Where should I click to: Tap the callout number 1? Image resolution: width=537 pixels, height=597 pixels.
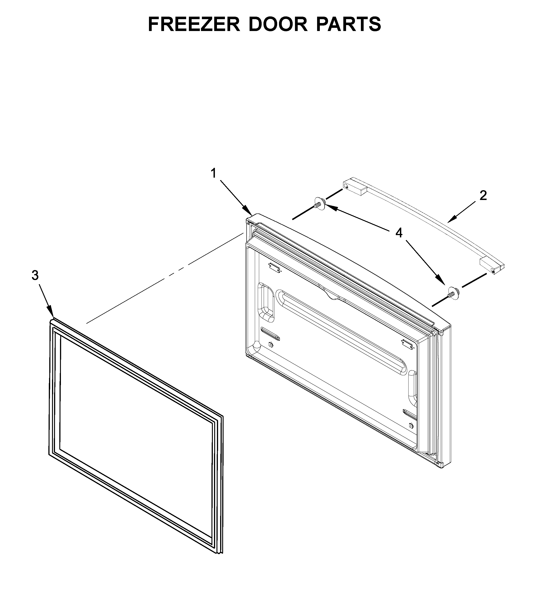213,174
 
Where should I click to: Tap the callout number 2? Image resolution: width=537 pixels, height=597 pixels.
483,196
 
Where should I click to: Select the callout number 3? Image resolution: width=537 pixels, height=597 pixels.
35,275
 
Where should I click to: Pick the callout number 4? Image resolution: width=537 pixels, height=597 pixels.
399,233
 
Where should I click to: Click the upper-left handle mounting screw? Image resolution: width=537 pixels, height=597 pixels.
320,203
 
